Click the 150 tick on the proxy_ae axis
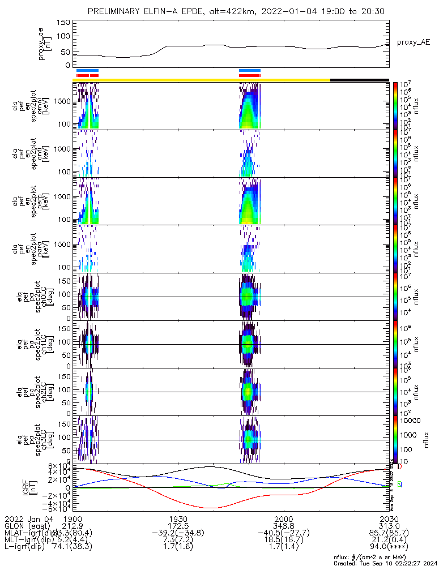(63, 23)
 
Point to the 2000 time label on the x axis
(283, 518)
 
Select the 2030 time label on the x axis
(389, 518)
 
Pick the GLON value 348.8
(283, 526)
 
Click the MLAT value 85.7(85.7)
(388, 533)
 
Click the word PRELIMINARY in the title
(117, 11)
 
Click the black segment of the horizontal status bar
(359, 80)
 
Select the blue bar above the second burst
(250, 71)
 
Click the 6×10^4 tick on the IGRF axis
(62, 466)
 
